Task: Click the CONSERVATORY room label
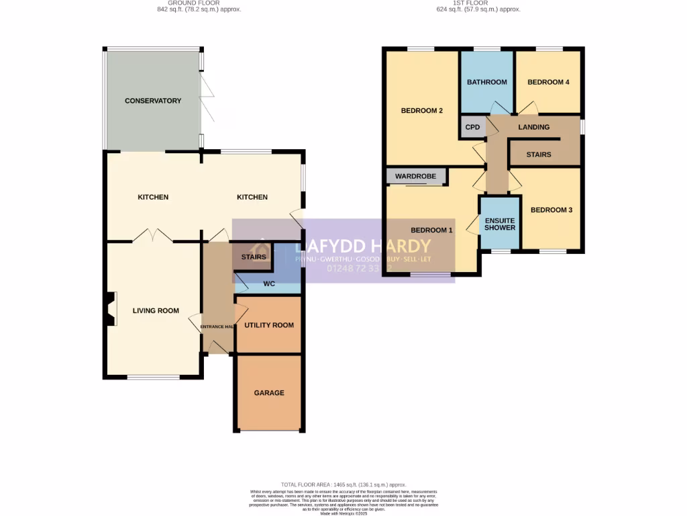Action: tap(153, 101)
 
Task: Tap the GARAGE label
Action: tap(268, 393)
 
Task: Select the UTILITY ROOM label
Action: tap(268, 325)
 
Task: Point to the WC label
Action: tap(268, 284)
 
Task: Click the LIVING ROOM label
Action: tap(156, 310)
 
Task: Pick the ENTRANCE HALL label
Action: tap(217, 327)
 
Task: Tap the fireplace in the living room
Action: tap(110, 309)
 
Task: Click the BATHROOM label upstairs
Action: tap(486, 82)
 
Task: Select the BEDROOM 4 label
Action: tap(548, 82)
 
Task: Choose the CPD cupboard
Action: tap(472, 127)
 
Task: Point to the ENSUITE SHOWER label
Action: tap(500, 223)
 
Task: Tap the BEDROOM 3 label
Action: tap(551, 210)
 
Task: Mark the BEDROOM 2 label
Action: tap(421, 111)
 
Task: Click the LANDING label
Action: tap(534, 127)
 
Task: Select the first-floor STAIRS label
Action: tap(538, 155)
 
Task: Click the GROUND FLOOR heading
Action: tap(195, 3)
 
